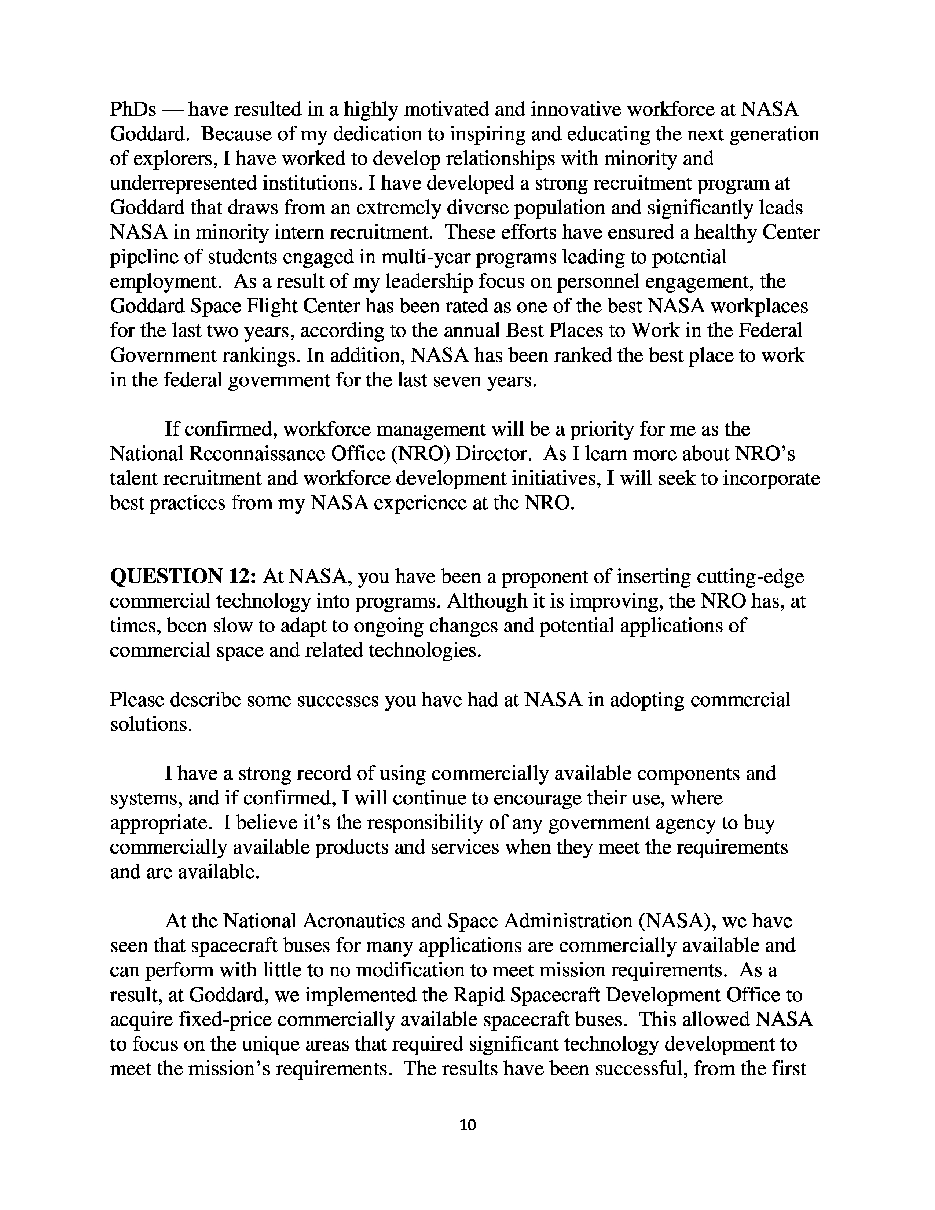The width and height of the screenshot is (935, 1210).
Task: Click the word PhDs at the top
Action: click(x=133, y=110)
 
